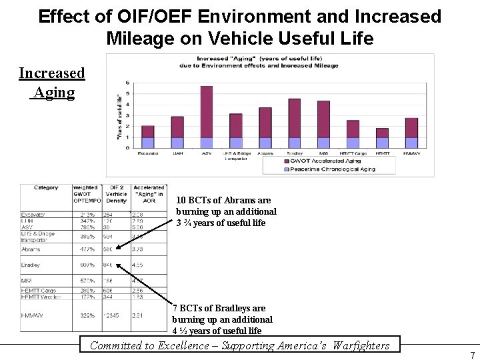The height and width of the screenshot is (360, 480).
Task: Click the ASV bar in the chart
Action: [207, 117]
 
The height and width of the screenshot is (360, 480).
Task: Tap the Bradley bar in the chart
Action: [294, 123]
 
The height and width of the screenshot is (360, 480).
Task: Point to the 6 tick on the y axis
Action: [127, 83]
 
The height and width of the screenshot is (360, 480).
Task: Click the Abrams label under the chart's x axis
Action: [265, 153]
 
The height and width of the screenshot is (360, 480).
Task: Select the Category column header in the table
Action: [46, 188]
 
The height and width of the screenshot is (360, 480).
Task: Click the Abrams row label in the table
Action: [31, 249]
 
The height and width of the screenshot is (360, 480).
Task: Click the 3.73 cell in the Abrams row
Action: [138, 249]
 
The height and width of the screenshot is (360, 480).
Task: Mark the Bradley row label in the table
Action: [31, 265]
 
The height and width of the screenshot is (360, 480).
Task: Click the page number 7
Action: [472, 355]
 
